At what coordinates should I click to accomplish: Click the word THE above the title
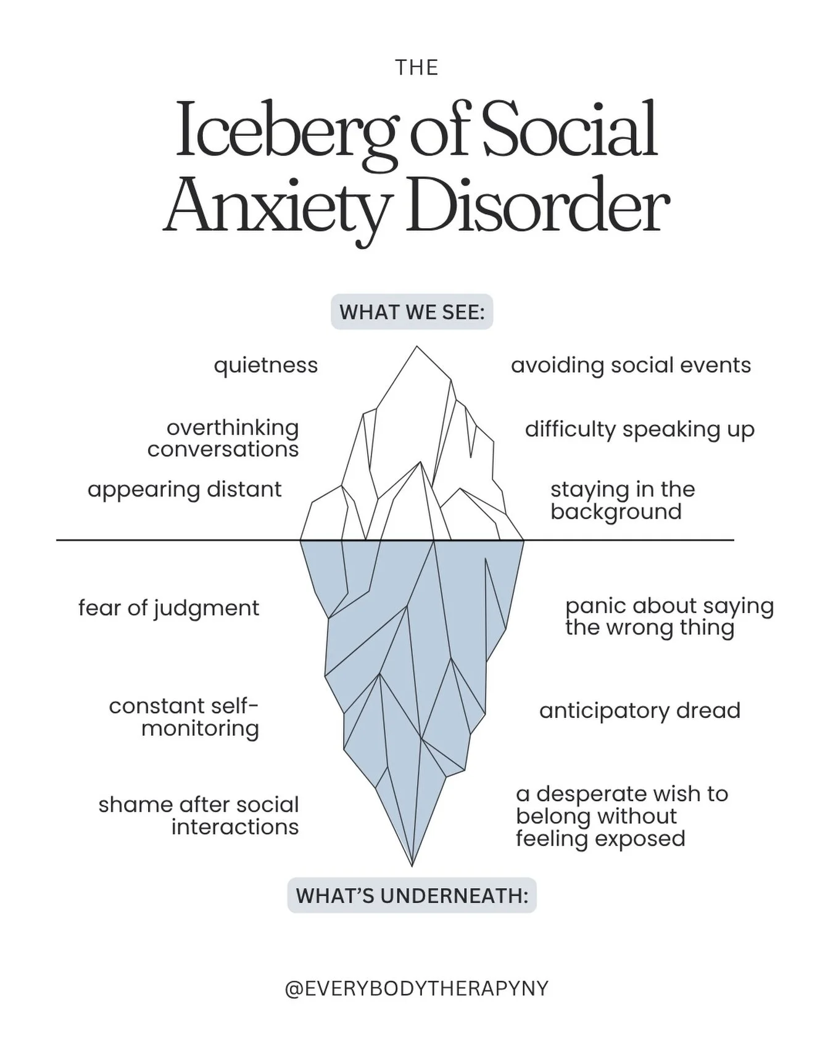click(x=416, y=67)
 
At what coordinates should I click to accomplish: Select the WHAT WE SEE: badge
click(x=412, y=312)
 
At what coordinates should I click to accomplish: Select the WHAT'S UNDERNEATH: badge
click(x=412, y=895)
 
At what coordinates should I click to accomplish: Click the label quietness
click(x=266, y=365)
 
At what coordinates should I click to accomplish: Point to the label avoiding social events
click(x=631, y=366)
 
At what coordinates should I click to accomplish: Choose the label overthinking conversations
click(x=223, y=438)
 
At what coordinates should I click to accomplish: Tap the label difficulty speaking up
click(x=640, y=430)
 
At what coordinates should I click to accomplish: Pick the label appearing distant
click(x=184, y=490)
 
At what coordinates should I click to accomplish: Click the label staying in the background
click(x=623, y=500)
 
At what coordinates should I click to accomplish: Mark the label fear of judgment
click(x=168, y=609)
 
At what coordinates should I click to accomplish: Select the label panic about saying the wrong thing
click(x=669, y=617)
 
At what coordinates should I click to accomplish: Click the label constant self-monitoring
click(x=184, y=717)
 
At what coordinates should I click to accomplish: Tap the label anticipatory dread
click(x=640, y=711)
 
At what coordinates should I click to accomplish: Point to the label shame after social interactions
click(x=199, y=816)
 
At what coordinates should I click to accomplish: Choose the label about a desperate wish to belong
click(x=622, y=816)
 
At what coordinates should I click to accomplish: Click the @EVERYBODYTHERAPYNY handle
click(x=416, y=989)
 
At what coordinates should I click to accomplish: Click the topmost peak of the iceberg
click(x=417, y=346)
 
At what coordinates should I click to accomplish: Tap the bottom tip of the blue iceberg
click(x=412, y=865)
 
